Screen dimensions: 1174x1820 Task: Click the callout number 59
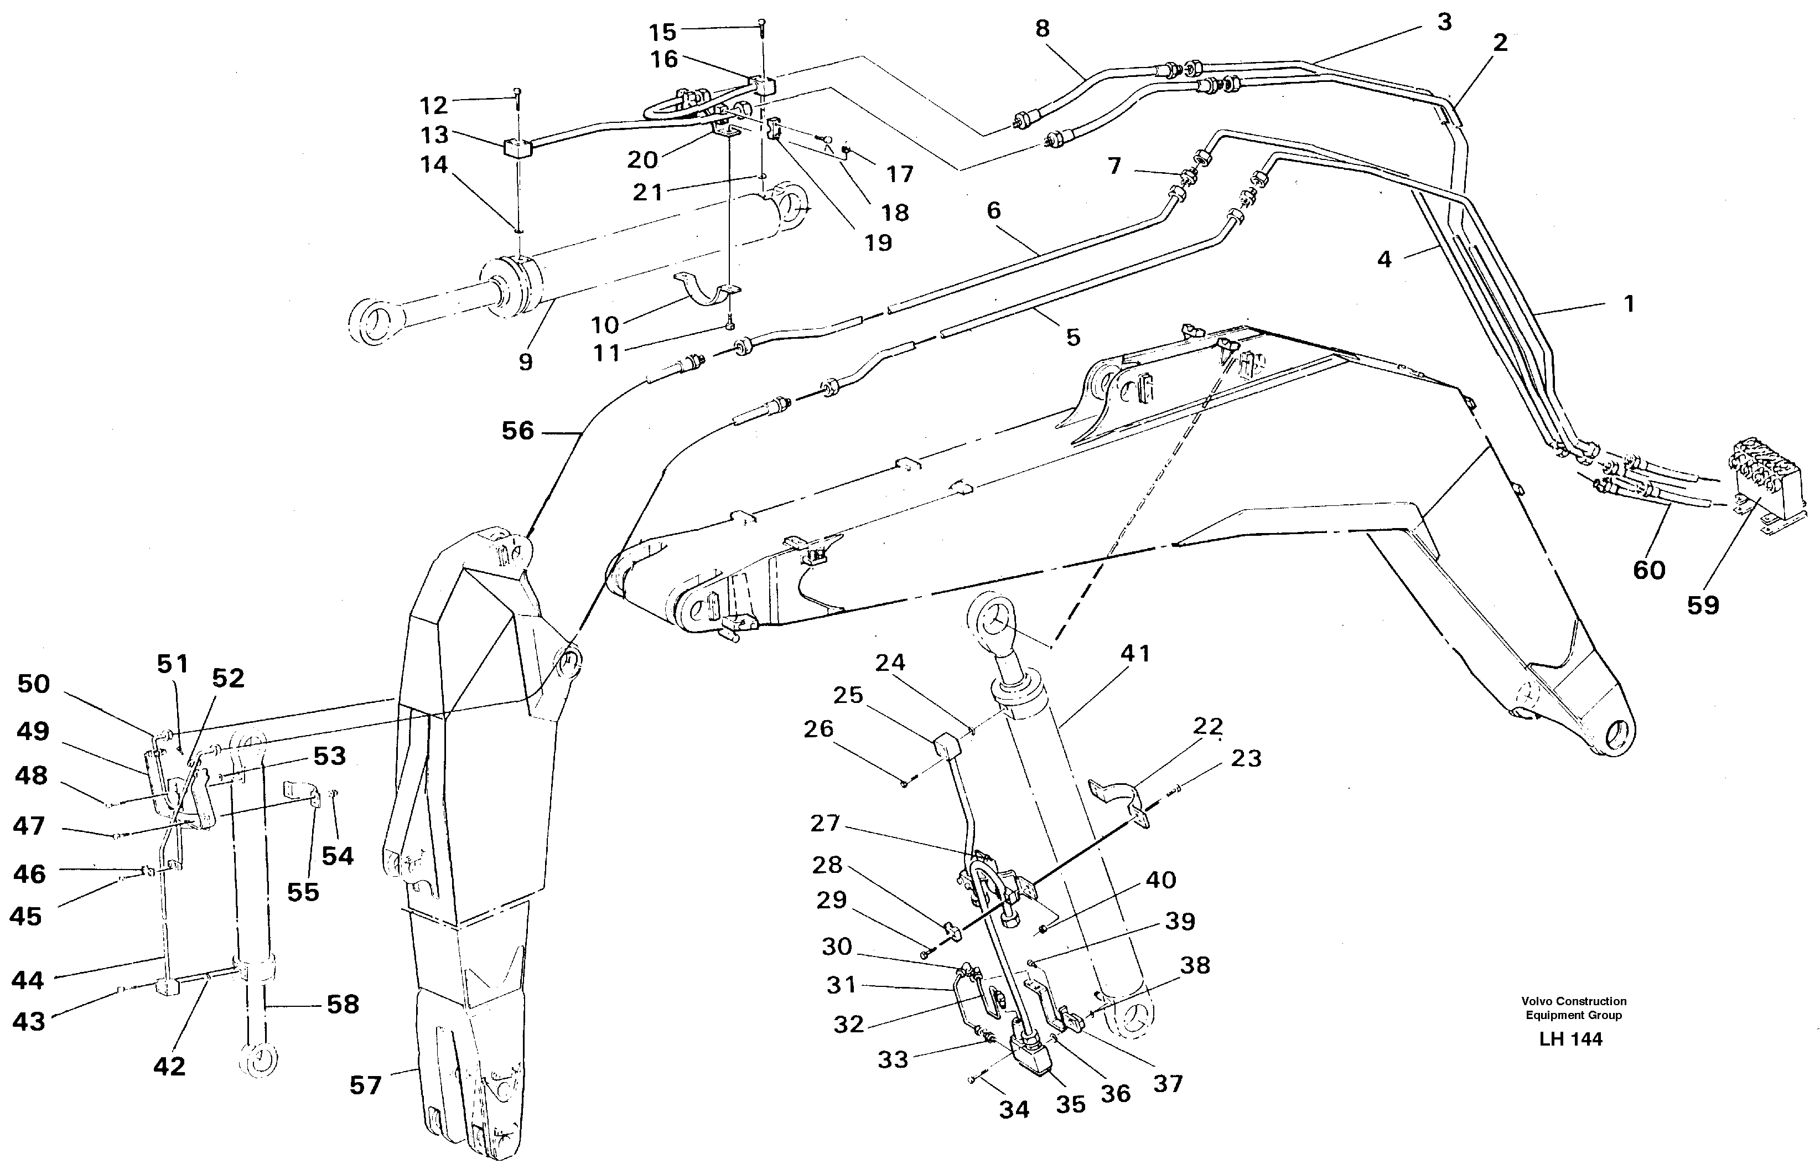(1702, 606)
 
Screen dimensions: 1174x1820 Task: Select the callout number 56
(517, 432)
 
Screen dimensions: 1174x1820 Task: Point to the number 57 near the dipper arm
(365, 1085)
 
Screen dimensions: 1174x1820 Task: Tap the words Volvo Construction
(1573, 1001)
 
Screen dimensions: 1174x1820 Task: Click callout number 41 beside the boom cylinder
(1135, 653)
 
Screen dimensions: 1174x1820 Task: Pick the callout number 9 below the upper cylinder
(525, 361)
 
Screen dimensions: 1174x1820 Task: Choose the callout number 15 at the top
(662, 32)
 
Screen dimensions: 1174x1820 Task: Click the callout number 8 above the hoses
(1042, 29)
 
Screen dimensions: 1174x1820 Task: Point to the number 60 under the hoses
(1648, 570)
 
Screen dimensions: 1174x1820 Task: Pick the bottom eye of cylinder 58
(258, 1059)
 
